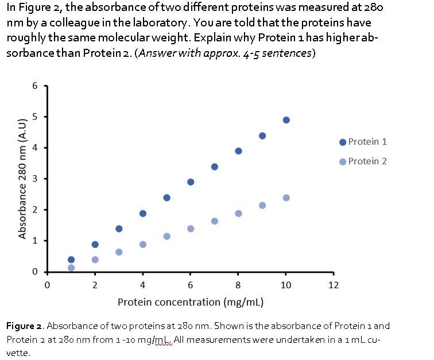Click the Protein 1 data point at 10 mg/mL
coord(286,120)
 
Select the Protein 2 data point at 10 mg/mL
coord(286,198)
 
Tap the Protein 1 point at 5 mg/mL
coord(166,198)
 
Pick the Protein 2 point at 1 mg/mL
coord(71,268)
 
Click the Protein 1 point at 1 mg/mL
coord(71,260)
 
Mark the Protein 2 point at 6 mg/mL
coord(191,229)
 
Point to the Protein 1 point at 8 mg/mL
coord(238,151)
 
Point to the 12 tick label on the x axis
coord(334,285)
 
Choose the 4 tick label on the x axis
coord(142,285)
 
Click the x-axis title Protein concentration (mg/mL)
coord(190,302)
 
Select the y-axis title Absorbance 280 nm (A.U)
coord(23,179)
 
